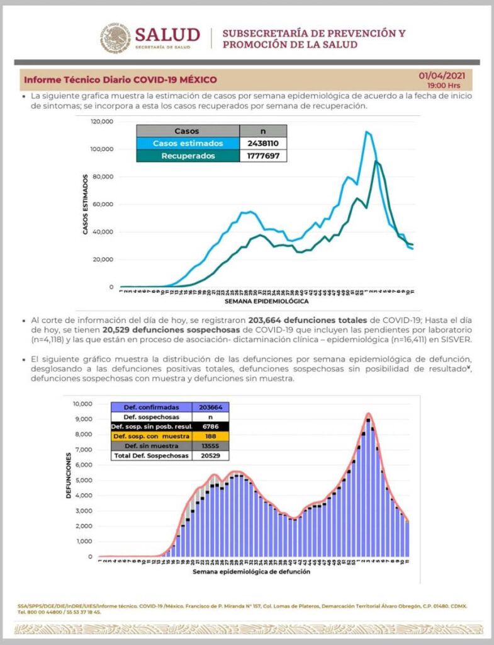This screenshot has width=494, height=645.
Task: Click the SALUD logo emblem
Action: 115,38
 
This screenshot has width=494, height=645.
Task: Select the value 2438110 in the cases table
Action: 264,143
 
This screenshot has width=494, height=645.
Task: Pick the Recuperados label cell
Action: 188,156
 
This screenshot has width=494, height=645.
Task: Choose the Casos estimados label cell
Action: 188,143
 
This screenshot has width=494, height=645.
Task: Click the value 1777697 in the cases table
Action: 264,156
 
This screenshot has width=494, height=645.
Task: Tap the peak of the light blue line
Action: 366,132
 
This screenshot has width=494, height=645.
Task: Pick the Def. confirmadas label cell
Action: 150,407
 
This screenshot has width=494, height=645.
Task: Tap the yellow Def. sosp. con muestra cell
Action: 150,436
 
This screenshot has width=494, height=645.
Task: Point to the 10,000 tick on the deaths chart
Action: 83,404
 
